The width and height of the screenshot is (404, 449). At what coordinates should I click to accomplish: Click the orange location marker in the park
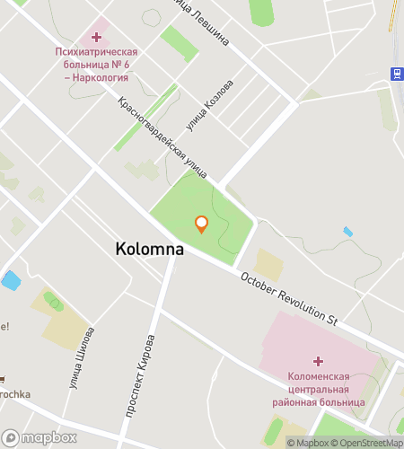coord(201,224)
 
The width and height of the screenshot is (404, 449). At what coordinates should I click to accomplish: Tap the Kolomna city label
coord(150,250)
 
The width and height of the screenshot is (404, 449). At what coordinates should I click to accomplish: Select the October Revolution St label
coord(288,298)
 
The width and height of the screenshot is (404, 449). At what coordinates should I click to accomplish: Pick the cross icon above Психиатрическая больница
coord(95,37)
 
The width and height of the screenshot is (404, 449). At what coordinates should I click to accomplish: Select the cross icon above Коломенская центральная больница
coord(318,360)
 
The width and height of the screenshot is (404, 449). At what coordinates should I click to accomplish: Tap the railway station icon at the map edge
coord(396,72)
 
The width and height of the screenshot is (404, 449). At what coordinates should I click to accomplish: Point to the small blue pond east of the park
coord(348,232)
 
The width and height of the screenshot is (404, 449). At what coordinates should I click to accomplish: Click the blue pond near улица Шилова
coord(11,280)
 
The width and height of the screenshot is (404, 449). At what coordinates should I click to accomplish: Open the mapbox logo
coord(40,437)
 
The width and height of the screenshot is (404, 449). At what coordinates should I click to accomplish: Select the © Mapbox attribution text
coord(307,442)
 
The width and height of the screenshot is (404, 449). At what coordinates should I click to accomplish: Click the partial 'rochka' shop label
coord(16,392)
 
